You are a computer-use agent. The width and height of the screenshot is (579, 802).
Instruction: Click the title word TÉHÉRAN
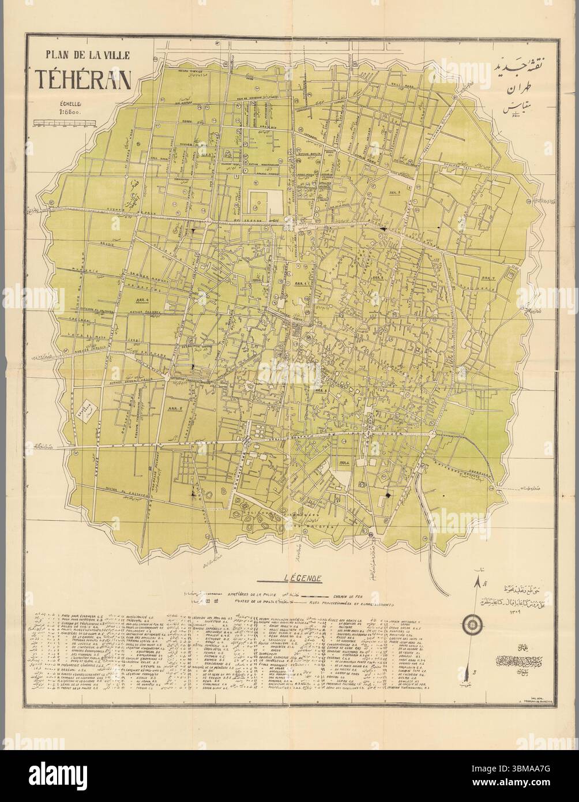(x=83, y=81)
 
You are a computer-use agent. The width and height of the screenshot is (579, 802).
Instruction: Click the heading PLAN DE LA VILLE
(x=84, y=57)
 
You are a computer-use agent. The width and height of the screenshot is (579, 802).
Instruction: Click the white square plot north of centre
(x=264, y=201)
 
